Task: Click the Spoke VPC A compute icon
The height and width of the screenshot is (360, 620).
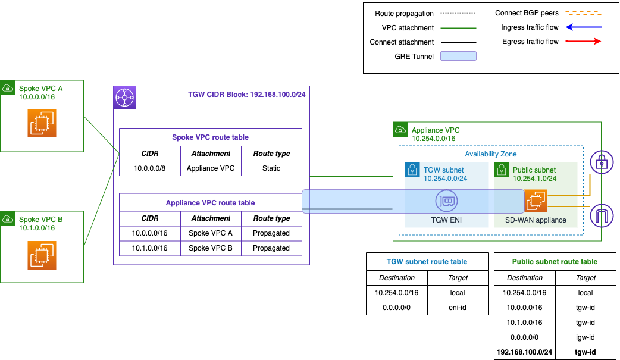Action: [x=42, y=123]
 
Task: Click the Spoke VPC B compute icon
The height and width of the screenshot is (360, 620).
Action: [x=42, y=255]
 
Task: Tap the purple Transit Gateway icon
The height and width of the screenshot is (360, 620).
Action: [x=125, y=98]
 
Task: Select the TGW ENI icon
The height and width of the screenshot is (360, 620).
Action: [x=446, y=202]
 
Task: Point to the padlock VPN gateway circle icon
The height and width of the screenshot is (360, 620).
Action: [x=601, y=162]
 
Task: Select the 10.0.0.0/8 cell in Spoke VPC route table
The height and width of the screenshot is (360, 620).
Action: [x=149, y=168]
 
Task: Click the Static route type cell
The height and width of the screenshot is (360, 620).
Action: [x=271, y=168]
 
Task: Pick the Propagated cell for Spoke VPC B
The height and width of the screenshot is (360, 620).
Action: [x=271, y=248]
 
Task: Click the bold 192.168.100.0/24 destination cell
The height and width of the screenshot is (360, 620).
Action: [x=524, y=352]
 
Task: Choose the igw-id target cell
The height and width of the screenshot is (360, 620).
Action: [x=585, y=337]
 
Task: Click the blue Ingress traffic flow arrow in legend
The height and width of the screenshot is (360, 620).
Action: [x=583, y=27]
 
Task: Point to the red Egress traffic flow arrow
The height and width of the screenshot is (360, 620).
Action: [x=583, y=42]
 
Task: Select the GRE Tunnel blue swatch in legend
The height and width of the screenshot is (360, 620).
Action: [x=458, y=57]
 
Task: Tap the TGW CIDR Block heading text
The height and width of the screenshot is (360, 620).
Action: [x=246, y=95]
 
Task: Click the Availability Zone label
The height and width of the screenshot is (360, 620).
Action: [x=491, y=154]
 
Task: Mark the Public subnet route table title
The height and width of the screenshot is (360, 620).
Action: [x=555, y=261]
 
